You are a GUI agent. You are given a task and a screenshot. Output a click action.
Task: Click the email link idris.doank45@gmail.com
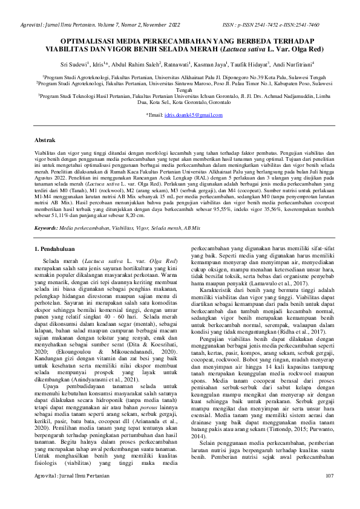point(189,115)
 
